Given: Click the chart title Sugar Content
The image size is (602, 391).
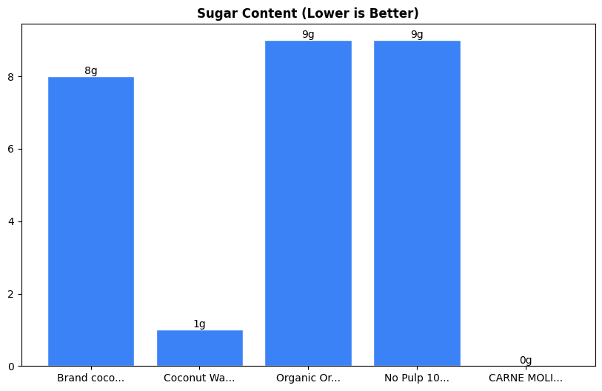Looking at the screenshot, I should tap(307, 13).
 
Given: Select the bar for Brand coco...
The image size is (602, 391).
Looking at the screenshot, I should tap(90, 221).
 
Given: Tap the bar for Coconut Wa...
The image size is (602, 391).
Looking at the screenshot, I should tap(199, 348).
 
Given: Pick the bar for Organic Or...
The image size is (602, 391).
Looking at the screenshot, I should tap(308, 204).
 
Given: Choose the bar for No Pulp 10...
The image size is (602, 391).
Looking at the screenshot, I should tap(417, 204).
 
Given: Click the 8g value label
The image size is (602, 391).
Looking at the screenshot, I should tap(90, 71).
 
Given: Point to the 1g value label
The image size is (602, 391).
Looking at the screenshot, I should tap(199, 324).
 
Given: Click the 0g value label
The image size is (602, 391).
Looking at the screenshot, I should tap(526, 361).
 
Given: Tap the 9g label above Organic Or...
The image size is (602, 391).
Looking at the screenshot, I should tap(308, 35).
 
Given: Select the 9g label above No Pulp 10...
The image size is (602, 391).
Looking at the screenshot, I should tap(417, 35).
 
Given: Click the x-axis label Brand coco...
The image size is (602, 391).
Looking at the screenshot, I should tap(90, 378).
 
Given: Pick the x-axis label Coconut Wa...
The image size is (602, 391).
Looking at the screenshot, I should tap(199, 378).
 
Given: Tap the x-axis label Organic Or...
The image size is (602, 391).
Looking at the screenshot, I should tap(308, 378).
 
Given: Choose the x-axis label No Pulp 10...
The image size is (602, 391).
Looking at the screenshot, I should tap(417, 378).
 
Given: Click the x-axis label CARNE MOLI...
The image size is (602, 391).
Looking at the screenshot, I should tap(526, 378).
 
